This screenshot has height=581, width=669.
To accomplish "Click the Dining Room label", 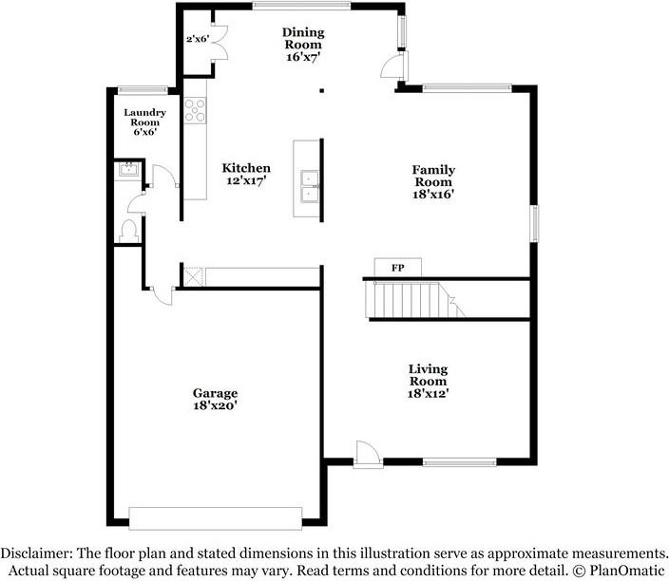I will pyautogui.click(x=303, y=45).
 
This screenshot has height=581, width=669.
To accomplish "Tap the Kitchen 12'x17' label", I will pyautogui.click(x=246, y=175).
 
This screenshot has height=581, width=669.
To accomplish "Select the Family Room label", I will pyautogui.click(x=432, y=181).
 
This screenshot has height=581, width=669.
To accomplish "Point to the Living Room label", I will pyautogui.click(x=428, y=381).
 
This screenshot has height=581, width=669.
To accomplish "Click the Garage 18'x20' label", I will pyautogui.click(x=215, y=399).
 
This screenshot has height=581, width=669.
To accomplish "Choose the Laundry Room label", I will pyautogui.click(x=145, y=122).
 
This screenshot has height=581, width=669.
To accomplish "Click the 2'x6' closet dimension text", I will pyautogui.click(x=197, y=39).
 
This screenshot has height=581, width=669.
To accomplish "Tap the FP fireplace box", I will pyautogui.click(x=397, y=268).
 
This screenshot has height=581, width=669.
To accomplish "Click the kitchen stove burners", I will pyautogui.click(x=195, y=112).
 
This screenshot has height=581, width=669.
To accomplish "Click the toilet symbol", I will pyautogui.click(x=128, y=229).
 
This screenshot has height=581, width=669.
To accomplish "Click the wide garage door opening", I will pyautogui.click(x=216, y=517).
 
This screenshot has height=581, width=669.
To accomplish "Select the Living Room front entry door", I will pyautogui.click(x=367, y=454).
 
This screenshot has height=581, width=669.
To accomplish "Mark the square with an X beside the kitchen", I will pyautogui.click(x=193, y=276).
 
